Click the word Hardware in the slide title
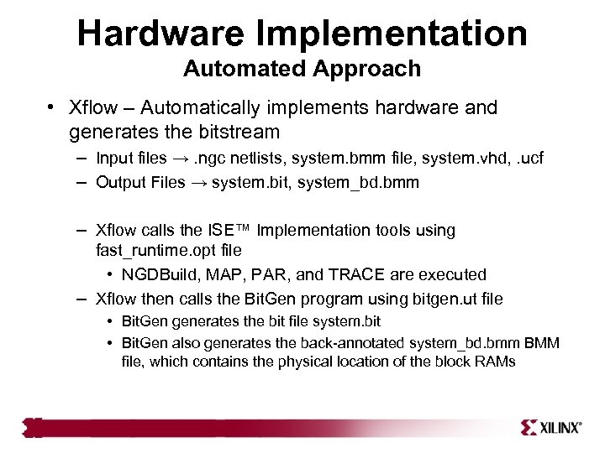point(159,34)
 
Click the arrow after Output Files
point(199,182)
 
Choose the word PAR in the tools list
point(270,274)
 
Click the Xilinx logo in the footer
point(551,427)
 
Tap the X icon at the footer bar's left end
point(33,427)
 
